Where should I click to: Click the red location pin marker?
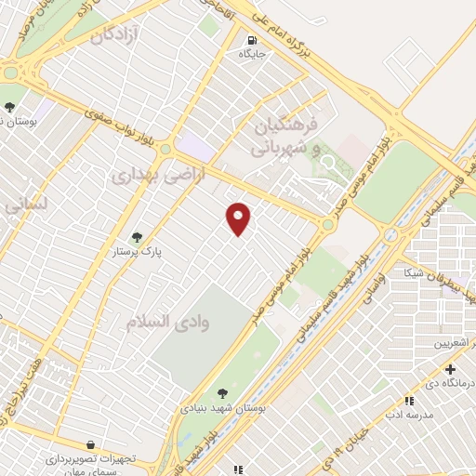239,218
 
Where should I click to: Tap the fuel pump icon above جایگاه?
253,40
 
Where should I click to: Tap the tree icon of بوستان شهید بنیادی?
221,393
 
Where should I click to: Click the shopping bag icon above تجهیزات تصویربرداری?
89,445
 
